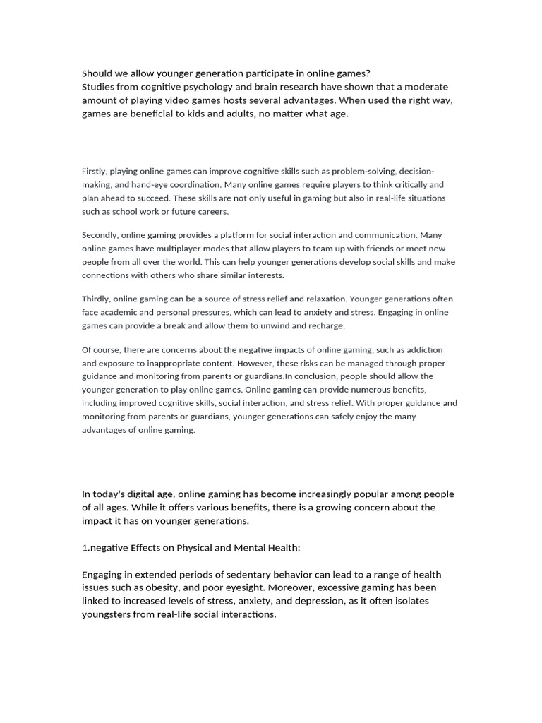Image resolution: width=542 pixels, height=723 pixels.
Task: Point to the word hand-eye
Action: pyautogui.click(x=139, y=185)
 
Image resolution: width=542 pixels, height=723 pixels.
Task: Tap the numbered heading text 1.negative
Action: pyautogui.click(x=106, y=548)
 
